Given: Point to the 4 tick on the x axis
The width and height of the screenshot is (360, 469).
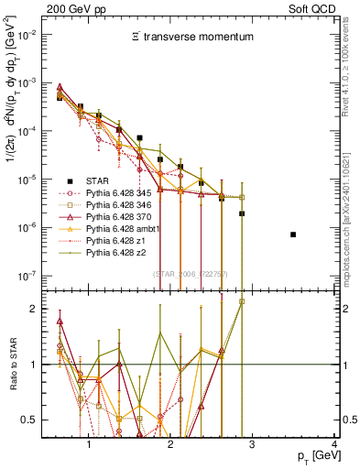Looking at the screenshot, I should [334, 443].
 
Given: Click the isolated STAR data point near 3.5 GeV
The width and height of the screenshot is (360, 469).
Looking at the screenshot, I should [293, 234].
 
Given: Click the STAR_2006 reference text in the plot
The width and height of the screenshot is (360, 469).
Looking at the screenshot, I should [191, 274].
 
